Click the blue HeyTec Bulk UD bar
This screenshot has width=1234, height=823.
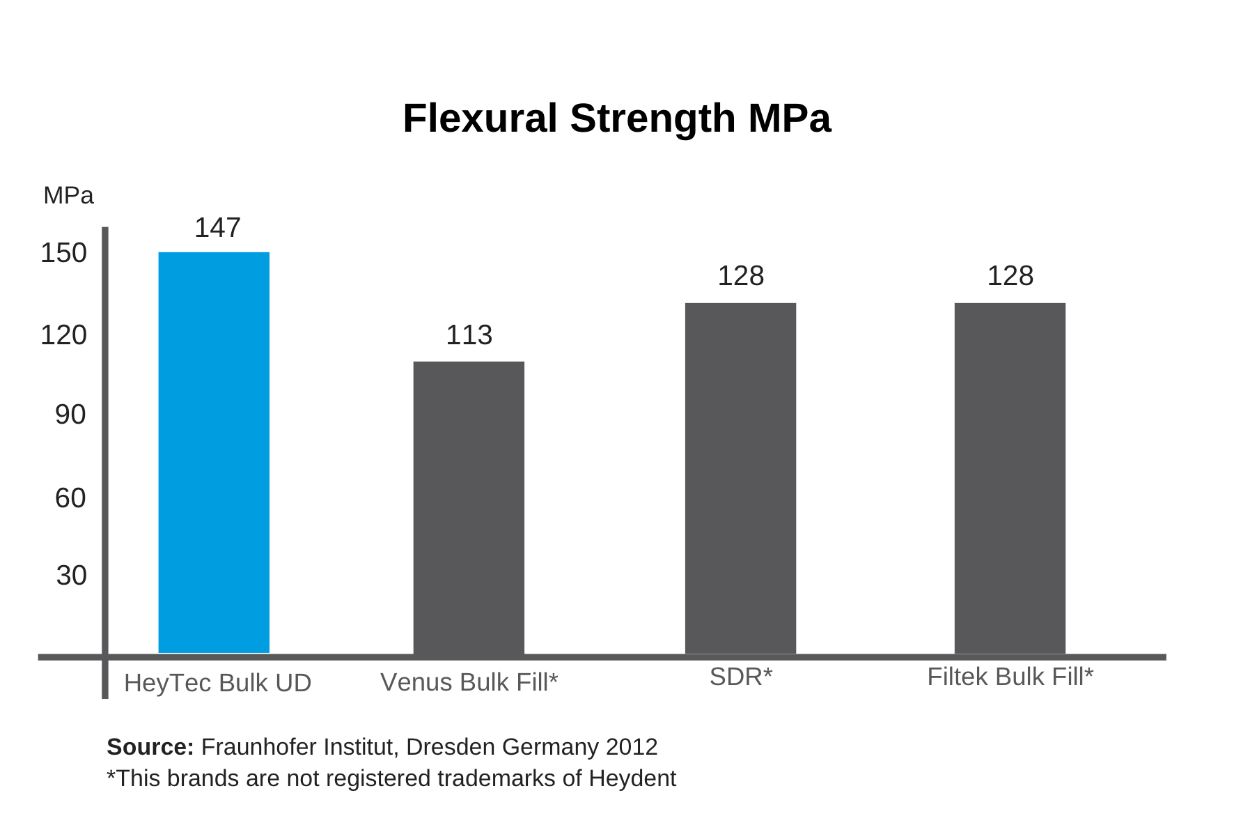[214, 452]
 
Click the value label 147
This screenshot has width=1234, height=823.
[217, 228]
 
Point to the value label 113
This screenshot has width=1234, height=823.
[469, 335]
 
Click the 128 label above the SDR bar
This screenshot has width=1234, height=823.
[740, 276]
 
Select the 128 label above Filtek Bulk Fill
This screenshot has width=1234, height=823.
[1010, 276]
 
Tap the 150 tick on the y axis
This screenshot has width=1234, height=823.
[63, 253]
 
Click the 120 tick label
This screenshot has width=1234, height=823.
[63, 335]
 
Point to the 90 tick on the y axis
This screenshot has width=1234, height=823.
[70, 415]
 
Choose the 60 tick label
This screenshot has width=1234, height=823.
[70, 498]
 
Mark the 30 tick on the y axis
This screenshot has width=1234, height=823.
[71, 576]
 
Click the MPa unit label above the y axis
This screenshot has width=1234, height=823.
[68, 196]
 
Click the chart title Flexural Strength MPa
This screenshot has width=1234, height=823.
[616, 118]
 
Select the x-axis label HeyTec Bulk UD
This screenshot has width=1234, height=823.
[217, 683]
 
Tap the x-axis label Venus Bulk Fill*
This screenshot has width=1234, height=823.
[469, 682]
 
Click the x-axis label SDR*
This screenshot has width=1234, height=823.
[740, 677]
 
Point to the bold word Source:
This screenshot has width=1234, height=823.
[150, 747]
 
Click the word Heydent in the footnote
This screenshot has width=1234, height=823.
[632, 778]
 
